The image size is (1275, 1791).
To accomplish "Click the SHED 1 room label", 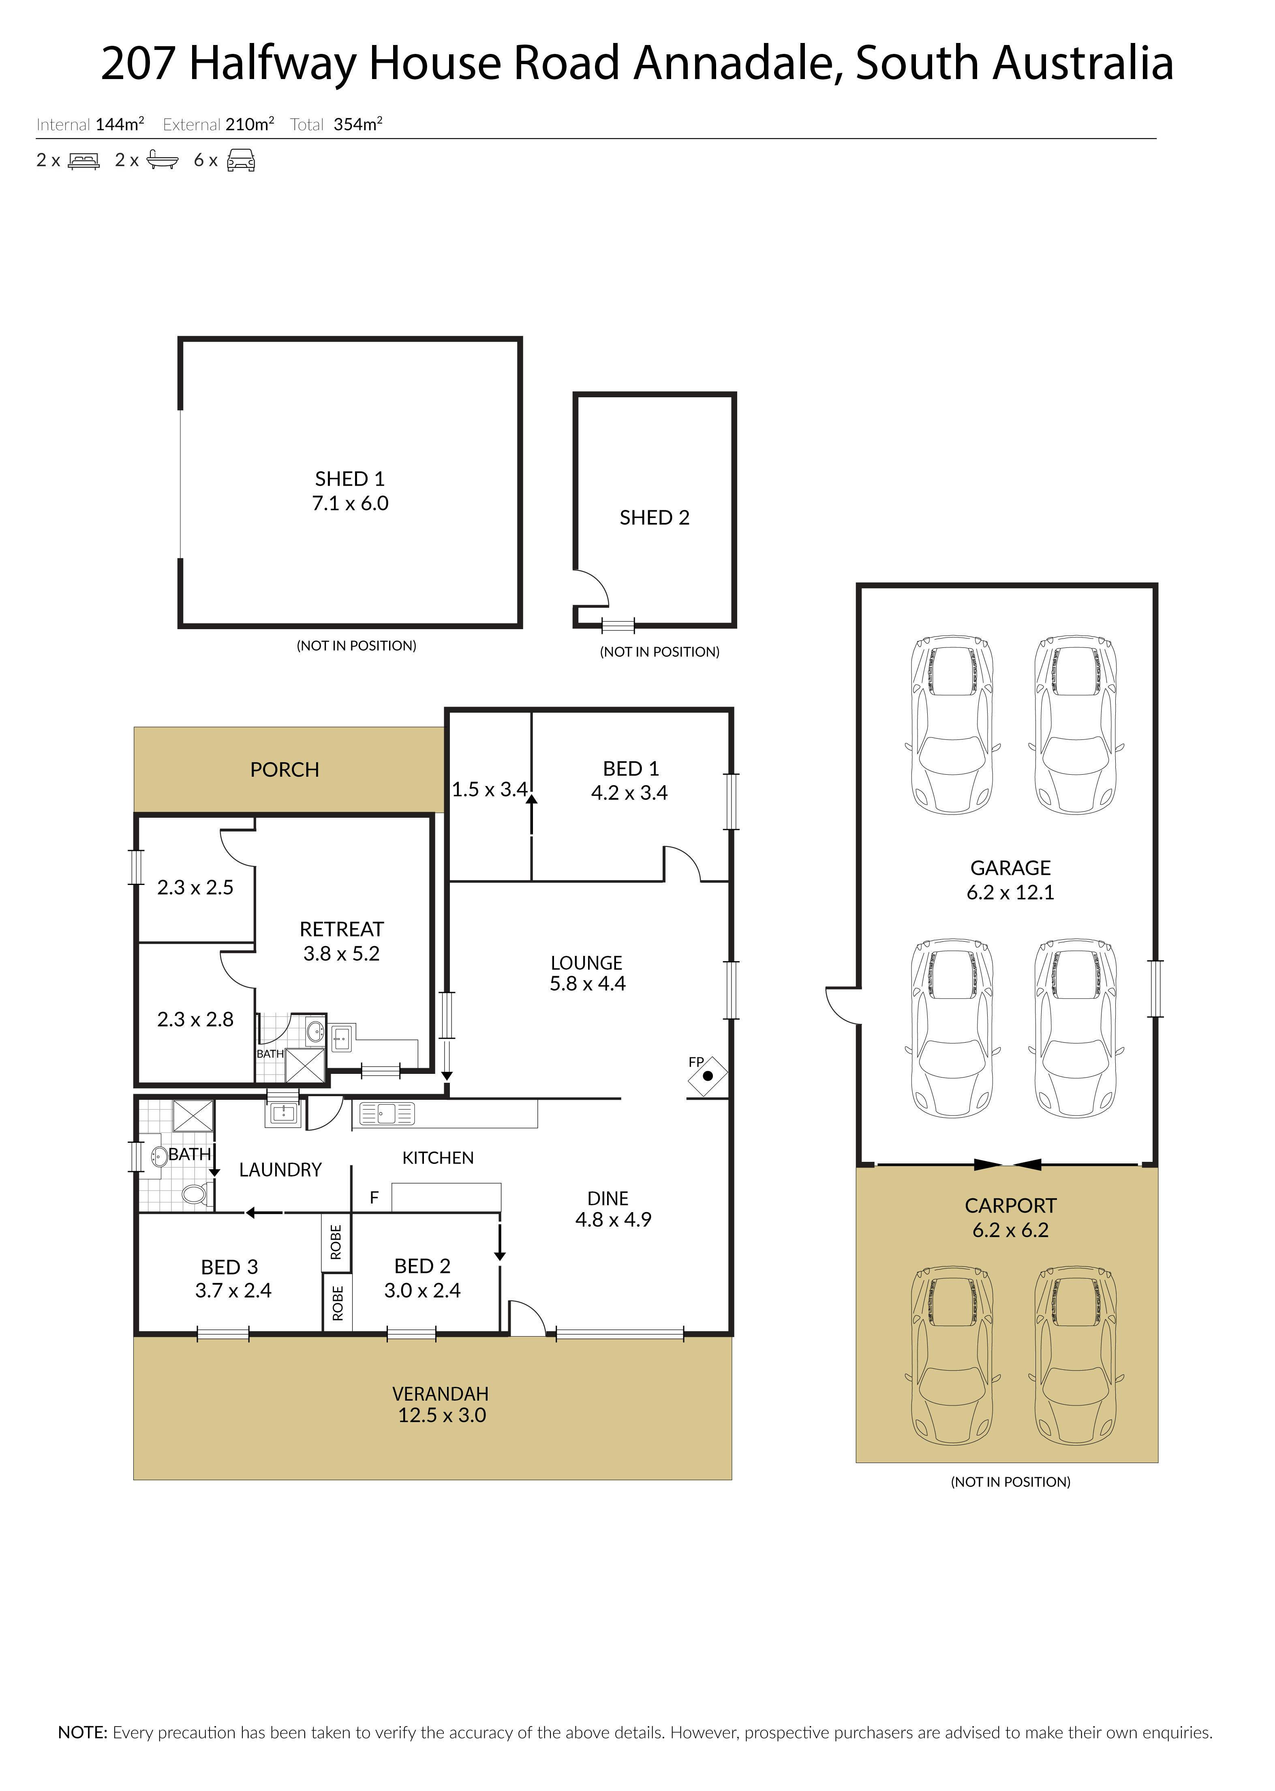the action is tap(350, 479).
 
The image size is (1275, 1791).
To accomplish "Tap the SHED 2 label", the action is tap(655, 517).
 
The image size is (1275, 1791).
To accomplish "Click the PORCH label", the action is tap(285, 769).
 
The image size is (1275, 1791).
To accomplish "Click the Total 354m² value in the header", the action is tap(358, 124).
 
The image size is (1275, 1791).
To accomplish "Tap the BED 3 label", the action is tap(229, 1267).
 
